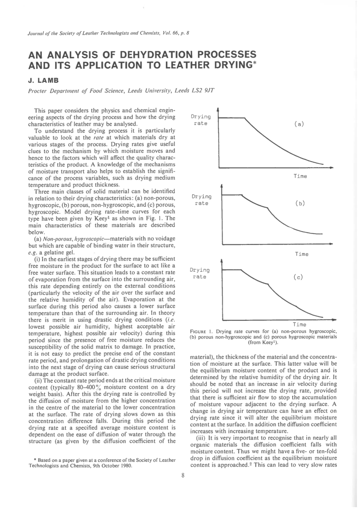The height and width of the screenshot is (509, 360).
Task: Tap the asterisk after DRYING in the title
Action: click(254, 63)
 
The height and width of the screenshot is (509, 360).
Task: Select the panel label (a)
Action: click(299, 124)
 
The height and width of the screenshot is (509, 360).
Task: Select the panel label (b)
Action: click(300, 204)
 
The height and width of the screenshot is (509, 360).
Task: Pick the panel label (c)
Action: click(298, 277)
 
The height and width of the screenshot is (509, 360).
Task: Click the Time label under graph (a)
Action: click(300, 176)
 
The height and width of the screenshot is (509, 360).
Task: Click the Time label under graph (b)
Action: click(301, 254)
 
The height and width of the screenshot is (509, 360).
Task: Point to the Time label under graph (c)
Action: click(299, 324)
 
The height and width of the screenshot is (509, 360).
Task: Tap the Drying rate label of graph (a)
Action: click(201, 120)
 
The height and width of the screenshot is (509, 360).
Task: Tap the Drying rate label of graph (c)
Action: click(200, 273)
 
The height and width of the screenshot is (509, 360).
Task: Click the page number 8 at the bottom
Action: click(183, 475)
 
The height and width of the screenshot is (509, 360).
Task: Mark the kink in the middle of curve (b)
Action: click(268, 208)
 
